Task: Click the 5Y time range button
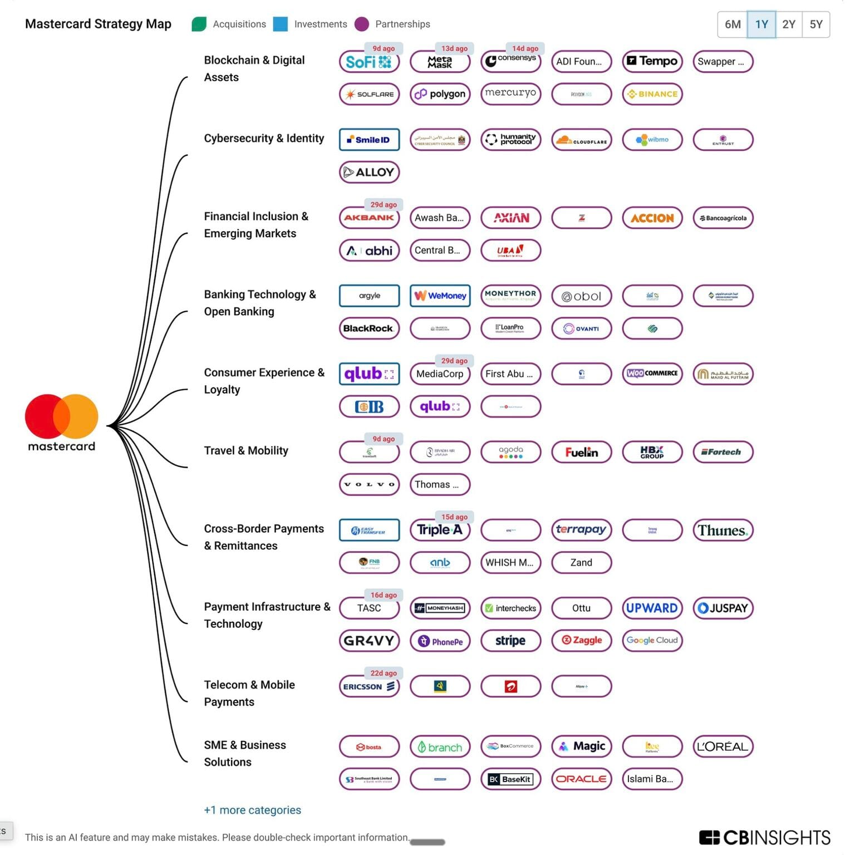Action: tap(815, 24)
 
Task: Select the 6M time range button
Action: tap(732, 24)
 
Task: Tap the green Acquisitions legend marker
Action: tap(199, 24)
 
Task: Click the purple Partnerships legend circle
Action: tap(362, 24)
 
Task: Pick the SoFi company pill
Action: tap(369, 62)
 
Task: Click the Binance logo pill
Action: tap(652, 94)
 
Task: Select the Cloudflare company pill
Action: tap(581, 140)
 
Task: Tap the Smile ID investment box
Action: tap(369, 140)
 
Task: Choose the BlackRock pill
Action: tap(369, 328)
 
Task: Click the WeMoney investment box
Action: tap(440, 296)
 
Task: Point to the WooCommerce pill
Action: tap(652, 374)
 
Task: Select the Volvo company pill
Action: tap(369, 484)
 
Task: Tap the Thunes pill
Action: tap(723, 530)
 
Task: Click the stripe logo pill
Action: tap(510, 641)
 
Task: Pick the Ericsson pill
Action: tap(369, 686)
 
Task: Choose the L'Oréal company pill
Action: tap(723, 746)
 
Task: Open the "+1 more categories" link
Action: tap(252, 810)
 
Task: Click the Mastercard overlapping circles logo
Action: tap(61, 416)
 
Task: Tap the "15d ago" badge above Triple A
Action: tap(454, 517)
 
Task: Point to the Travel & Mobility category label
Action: tap(246, 450)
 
